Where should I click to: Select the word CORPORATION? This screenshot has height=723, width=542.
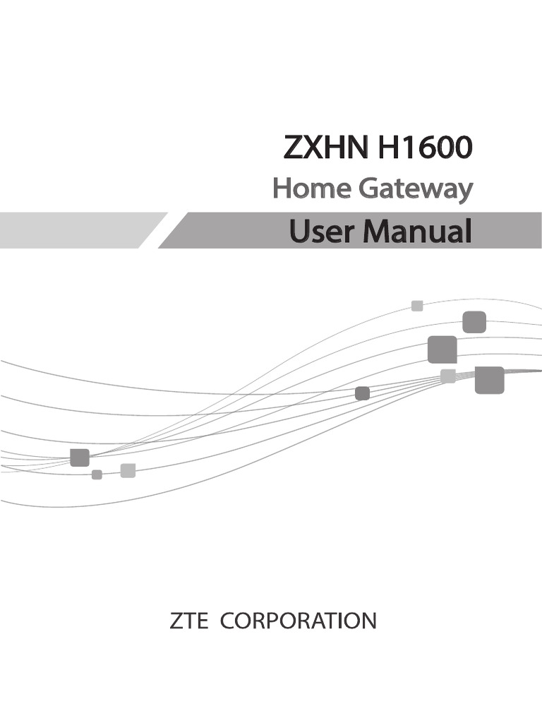pos(299,621)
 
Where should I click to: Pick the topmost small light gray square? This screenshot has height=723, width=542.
pos(417,306)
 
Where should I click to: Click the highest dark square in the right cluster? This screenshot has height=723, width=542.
pos(474,322)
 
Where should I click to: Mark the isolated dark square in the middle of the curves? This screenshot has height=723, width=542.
pos(362,393)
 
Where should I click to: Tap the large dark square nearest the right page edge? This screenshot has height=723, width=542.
pos(489,380)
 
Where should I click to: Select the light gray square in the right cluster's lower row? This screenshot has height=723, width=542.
pos(447,376)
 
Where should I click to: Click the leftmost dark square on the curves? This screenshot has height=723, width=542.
pos(80,458)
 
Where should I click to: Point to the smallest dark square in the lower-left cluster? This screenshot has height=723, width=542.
pos(97,474)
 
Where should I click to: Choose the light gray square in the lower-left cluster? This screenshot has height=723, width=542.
pos(128,470)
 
